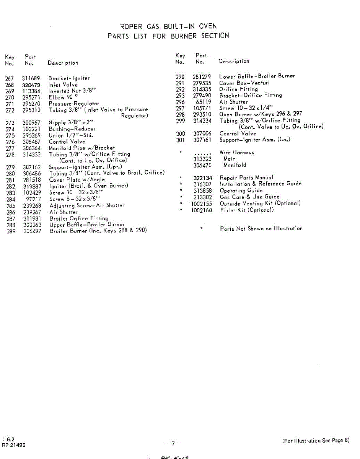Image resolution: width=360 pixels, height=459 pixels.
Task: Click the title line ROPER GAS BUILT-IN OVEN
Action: (168, 26)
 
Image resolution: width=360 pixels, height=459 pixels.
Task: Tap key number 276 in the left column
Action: (10, 142)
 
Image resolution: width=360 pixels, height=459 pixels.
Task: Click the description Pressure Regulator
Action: (73, 104)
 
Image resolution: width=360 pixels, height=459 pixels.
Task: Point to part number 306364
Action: (31, 148)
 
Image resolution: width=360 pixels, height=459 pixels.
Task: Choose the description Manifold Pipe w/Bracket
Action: (82, 148)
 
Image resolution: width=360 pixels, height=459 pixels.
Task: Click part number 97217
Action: (33, 199)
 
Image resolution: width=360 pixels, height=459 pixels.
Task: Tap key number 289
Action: (11, 231)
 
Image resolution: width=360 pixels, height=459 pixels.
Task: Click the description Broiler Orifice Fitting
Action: (79, 218)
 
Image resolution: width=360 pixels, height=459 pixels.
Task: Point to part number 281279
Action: (202, 76)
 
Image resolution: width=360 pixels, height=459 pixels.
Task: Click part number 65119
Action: (204, 102)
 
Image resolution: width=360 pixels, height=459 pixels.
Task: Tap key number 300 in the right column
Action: (180, 133)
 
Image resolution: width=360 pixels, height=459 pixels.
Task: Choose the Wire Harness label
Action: (236, 152)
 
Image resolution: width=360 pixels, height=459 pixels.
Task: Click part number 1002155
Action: (201, 203)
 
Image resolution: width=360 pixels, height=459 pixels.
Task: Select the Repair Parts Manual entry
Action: (246, 177)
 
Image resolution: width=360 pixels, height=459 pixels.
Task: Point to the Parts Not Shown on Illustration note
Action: (261, 228)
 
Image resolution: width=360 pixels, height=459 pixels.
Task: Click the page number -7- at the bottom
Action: (173, 444)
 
